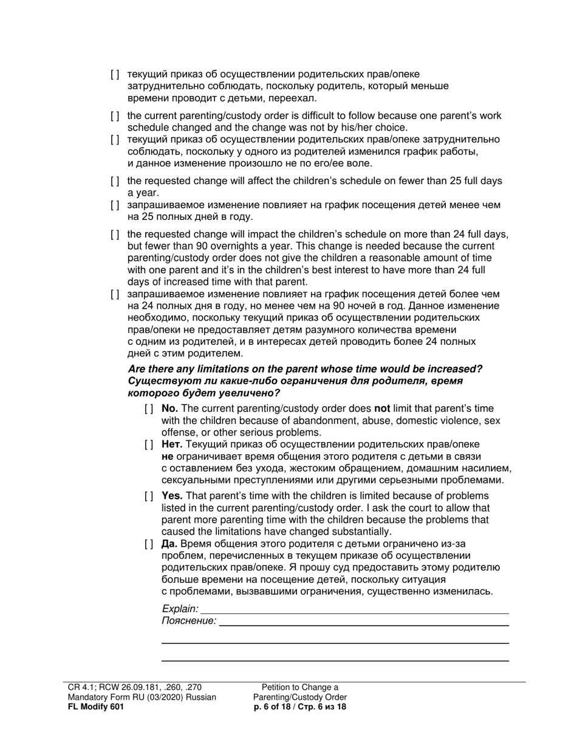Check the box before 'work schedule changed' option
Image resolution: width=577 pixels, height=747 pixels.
[x=115, y=116]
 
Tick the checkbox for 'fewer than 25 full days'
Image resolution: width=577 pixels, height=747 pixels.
[x=115, y=182]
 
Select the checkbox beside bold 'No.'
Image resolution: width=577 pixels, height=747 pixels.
[x=149, y=409]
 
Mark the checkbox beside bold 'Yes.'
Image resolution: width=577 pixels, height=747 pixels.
[x=149, y=496]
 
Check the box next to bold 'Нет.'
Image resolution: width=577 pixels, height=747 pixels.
[x=149, y=445]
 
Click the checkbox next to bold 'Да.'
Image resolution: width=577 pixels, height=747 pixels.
[x=149, y=544]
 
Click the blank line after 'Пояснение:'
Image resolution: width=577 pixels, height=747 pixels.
[x=363, y=621]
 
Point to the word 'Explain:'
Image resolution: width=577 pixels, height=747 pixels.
[x=180, y=609]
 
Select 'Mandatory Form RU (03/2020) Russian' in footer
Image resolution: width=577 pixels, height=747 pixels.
[x=142, y=697]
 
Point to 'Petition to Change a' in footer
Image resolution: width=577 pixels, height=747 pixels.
[x=300, y=687]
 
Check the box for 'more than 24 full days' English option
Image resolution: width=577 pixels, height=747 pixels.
[x=115, y=235]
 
